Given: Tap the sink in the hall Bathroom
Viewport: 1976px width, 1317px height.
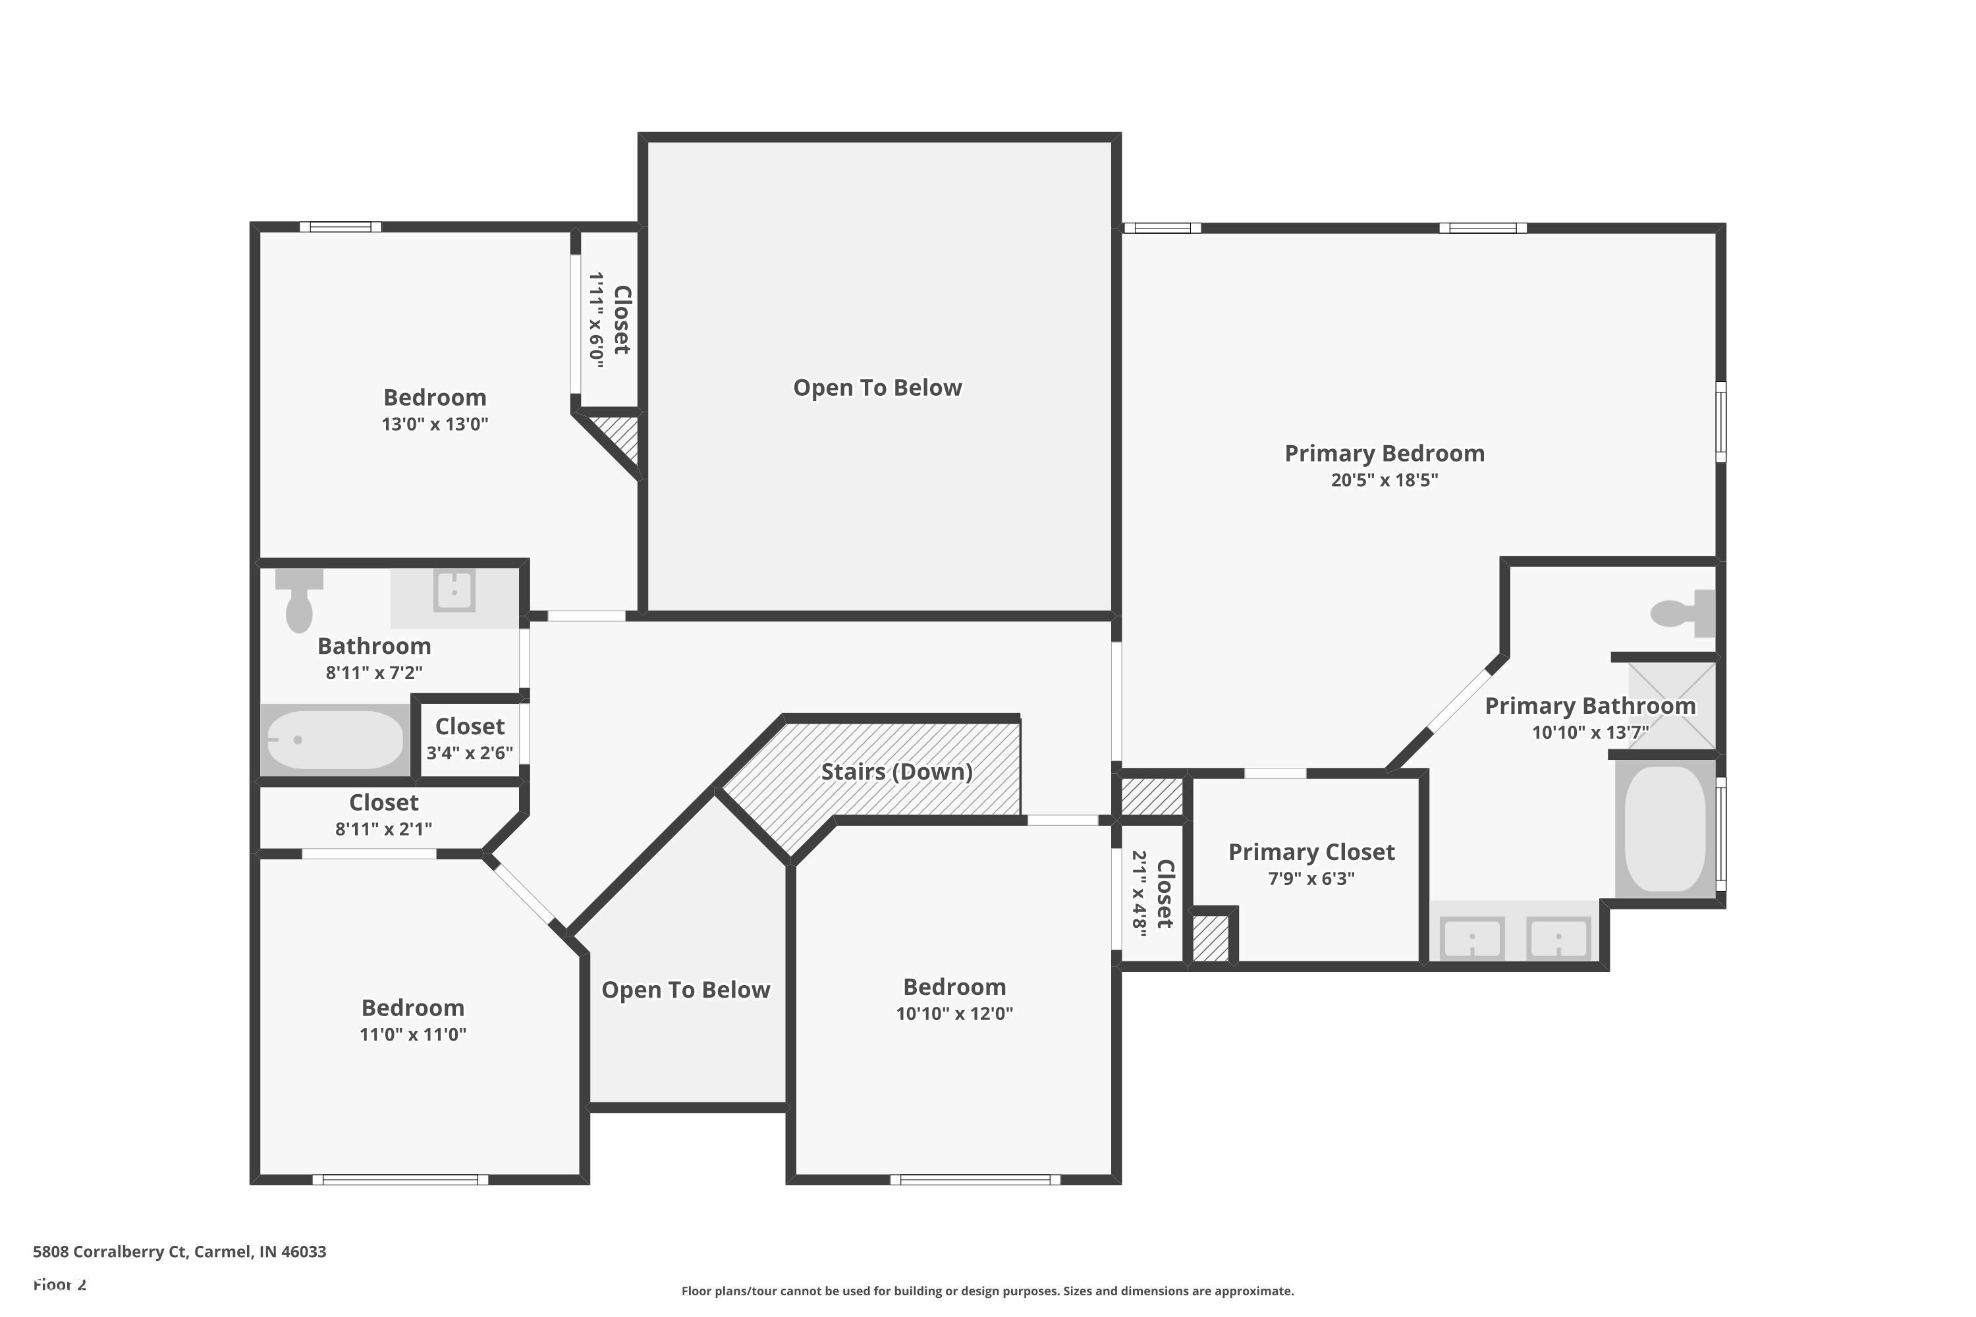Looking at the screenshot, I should point(454,591).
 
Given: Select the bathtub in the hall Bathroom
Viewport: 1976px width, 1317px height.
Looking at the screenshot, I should point(335,740).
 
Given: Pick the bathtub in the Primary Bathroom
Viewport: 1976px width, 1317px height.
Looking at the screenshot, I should point(1664,829).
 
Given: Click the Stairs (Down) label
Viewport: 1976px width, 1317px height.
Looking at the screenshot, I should point(896,771).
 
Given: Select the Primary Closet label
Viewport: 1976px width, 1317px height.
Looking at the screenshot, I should point(1311,851).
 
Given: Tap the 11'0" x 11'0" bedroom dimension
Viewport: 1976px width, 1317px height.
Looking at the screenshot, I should point(412,1034).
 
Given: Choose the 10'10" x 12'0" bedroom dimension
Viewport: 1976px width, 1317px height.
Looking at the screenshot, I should point(954,1013).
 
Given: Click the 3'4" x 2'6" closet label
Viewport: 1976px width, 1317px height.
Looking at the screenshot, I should point(469,753).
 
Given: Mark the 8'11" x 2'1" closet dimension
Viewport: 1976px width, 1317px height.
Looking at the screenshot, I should point(383,829).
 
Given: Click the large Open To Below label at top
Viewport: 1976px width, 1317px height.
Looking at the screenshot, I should point(877,387).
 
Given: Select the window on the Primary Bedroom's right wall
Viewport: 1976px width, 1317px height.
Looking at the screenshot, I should point(1720,421).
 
